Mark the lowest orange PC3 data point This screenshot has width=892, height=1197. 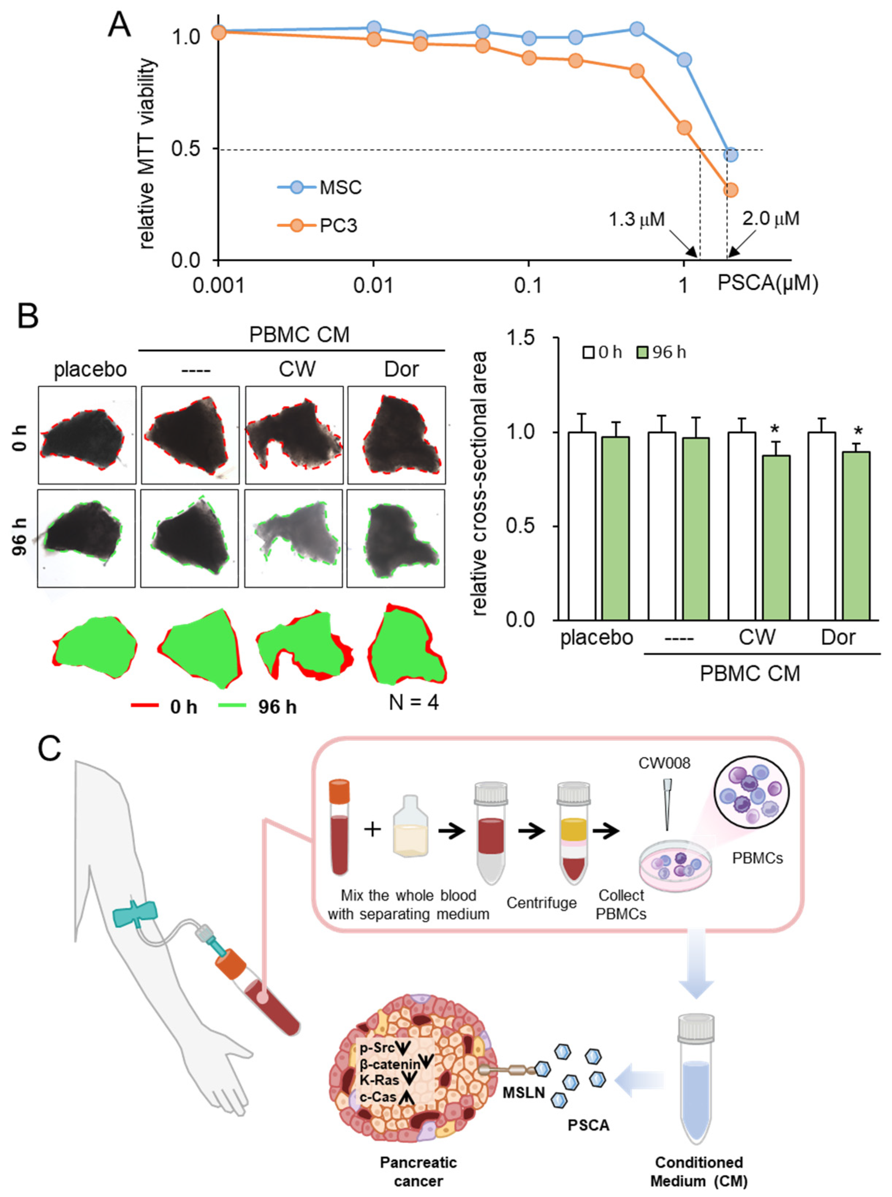(730, 190)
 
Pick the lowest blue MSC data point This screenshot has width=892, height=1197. (730, 155)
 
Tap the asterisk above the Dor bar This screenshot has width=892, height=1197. (857, 431)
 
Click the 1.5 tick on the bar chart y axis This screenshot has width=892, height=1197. (521, 338)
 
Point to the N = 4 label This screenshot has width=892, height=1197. (414, 702)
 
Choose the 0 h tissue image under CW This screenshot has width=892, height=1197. (294, 435)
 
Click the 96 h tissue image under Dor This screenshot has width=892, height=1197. (396, 538)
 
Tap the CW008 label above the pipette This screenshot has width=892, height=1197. (664, 763)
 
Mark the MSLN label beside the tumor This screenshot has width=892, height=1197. (524, 1093)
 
